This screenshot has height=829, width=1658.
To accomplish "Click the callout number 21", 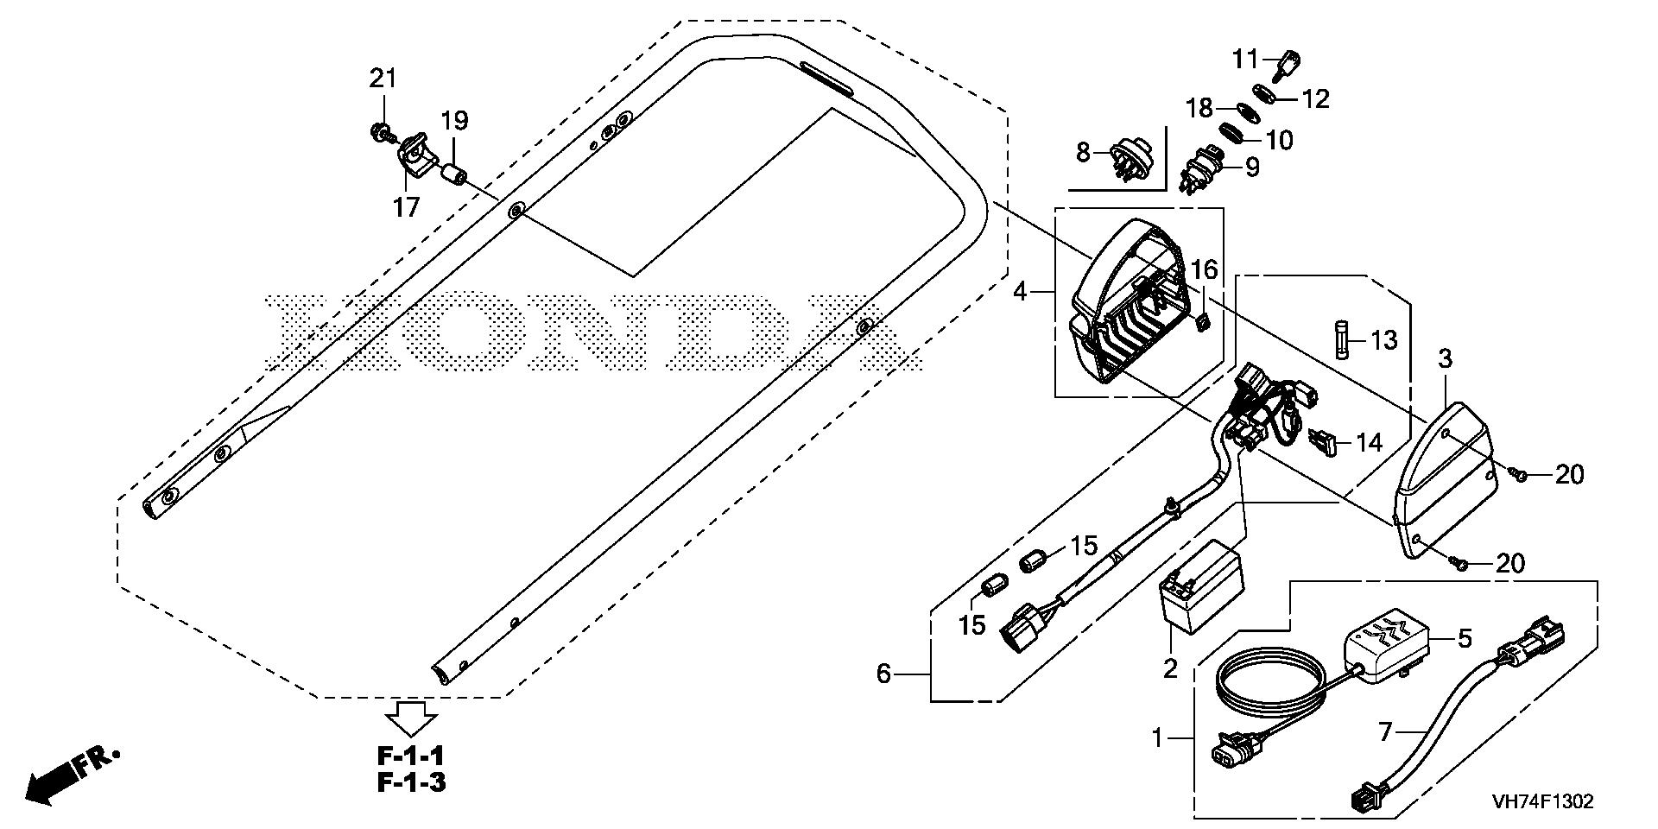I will point(383,79).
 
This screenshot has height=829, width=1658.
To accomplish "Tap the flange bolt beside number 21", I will point(378,132).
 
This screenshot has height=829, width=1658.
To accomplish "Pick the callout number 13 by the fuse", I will point(1383,340).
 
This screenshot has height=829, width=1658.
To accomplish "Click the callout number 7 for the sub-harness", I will point(1386,733).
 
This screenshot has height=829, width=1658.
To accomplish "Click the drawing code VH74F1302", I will point(1541,802).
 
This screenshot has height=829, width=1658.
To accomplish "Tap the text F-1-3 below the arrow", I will point(412,783).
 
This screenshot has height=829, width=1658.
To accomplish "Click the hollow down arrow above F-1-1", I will point(411,716).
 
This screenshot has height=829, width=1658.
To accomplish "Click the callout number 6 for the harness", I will point(883,674).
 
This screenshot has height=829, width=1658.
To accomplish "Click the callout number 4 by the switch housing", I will point(1021,292).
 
